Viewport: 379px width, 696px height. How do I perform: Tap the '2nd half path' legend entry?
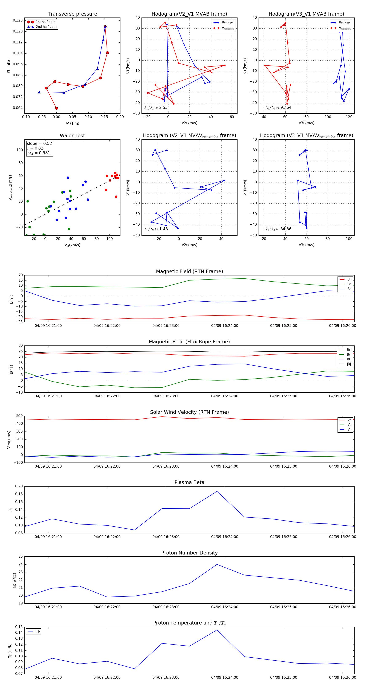click(x=46, y=27)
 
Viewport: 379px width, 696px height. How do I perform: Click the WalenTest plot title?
click(x=72, y=136)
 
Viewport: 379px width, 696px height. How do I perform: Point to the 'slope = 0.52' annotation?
click(x=39, y=143)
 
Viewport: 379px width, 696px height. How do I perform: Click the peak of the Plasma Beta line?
click(x=217, y=491)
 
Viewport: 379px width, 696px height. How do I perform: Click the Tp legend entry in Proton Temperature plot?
click(x=37, y=631)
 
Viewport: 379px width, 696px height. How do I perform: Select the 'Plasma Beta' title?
click(x=189, y=482)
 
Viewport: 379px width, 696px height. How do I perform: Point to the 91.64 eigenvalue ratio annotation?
click(x=278, y=108)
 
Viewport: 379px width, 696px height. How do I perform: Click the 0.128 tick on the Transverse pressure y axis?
click(x=18, y=20)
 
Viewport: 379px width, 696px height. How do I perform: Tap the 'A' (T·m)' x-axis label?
click(x=72, y=123)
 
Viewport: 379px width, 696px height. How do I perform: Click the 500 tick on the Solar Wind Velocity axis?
click(x=19, y=416)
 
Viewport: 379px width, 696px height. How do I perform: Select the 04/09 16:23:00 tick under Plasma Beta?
click(x=166, y=537)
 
